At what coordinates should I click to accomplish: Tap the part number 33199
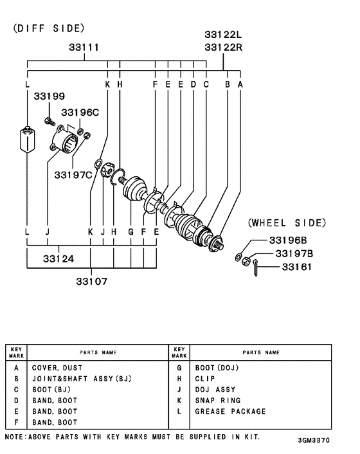click(49, 96)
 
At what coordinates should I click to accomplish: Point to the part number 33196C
click(80, 113)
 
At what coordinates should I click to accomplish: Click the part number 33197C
click(73, 174)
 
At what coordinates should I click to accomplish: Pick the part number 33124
click(59, 259)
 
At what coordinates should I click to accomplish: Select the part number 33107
click(91, 281)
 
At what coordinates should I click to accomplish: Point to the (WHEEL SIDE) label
click(287, 223)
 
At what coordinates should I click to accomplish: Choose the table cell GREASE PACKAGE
click(230, 412)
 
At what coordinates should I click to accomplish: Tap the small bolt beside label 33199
click(48, 120)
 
